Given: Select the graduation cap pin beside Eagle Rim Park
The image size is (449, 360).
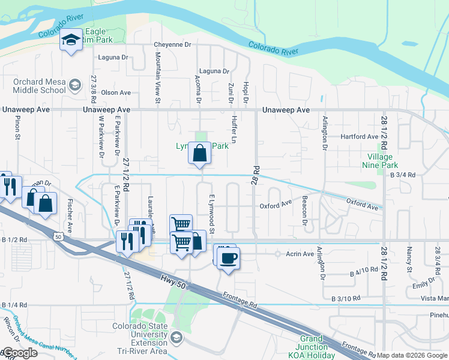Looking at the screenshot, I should point(71,40).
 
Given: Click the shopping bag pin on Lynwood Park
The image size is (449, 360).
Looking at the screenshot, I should point(200,154).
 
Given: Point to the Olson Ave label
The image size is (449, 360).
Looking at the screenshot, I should point(116,92).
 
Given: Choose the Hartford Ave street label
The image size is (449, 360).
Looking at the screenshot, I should point(359,137).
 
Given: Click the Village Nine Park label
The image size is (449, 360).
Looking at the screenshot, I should point(379,160).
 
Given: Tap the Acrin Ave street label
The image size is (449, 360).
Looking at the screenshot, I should point(300,254).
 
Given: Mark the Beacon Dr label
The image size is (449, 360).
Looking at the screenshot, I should point(305,213).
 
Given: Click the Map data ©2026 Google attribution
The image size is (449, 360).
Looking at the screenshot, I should point(412,355).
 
